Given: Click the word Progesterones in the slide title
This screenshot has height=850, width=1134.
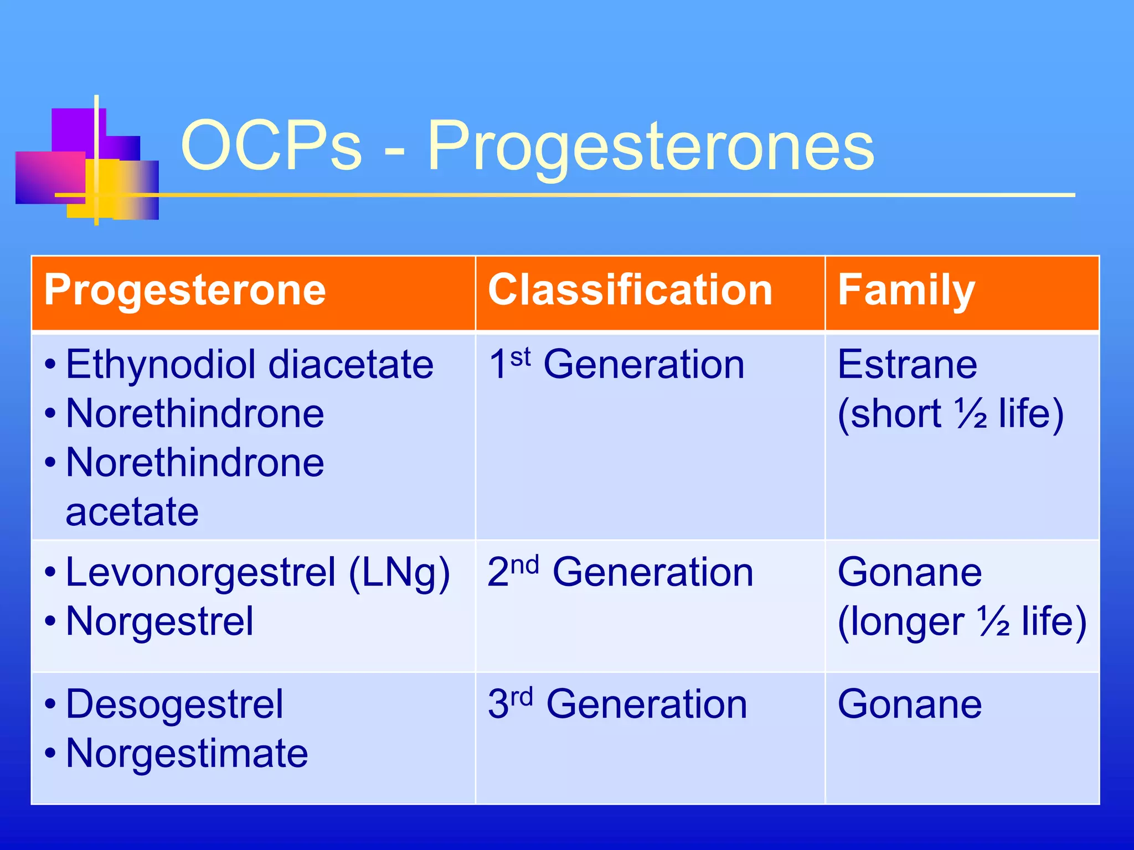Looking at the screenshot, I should click(x=651, y=147).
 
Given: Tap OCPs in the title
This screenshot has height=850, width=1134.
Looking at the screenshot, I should click(x=271, y=147).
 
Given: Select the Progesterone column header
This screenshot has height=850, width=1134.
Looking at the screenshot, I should click(x=185, y=290).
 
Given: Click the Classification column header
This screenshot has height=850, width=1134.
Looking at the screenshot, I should click(x=630, y=290).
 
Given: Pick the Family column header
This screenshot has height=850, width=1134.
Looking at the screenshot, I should click(x=906, y=290).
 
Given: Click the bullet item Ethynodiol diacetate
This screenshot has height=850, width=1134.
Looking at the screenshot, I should click(x=249, y=365).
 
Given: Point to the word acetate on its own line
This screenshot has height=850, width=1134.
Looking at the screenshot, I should click(x=132, y=512).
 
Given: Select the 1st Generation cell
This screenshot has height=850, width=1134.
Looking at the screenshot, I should click(x=616, y=365).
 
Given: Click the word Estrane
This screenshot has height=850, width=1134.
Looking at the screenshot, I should click(x=908, y=365).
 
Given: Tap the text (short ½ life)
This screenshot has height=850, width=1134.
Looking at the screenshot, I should click(x=950, y=413).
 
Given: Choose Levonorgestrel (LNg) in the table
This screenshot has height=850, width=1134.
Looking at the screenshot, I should click(x=257, y=573).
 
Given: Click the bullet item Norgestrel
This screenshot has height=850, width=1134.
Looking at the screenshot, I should click(x=159, y=621).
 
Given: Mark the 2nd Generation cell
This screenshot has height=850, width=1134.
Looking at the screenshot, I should click(x=620, y=573).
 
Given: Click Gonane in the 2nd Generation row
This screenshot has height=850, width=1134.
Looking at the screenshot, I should click(x=910, y=573).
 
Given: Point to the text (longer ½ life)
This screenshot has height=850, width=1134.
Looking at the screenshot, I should click(x=962, y=621).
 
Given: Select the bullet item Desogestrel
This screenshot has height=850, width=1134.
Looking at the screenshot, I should click(x=174, y=704).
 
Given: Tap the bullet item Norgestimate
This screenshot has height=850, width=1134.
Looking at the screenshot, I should click(x=187, y=754).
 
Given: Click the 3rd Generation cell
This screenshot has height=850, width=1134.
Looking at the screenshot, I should click(x=617, y=704).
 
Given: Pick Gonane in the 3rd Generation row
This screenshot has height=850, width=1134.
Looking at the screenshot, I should click(x=910, y=704).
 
